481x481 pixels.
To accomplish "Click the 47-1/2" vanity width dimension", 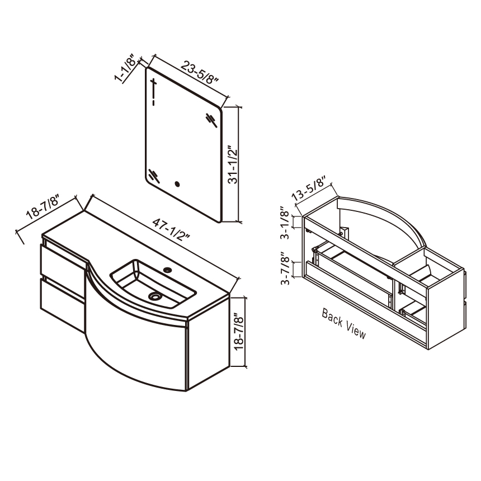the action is point(171,229).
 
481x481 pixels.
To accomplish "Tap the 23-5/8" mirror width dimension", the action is point(200,72).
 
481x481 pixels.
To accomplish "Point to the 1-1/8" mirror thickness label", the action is point(125,68).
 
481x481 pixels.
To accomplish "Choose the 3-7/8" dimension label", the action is point(285,268).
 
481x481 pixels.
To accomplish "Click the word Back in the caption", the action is point(332,318).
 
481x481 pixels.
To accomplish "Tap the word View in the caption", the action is point(356,330).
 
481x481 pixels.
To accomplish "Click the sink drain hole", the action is point(154,296).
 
